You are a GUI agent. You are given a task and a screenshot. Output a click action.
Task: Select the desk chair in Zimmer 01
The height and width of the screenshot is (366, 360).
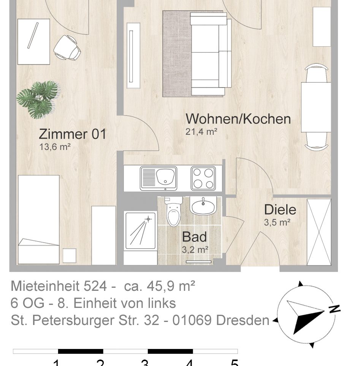pyautogui.click(x=68, y=47)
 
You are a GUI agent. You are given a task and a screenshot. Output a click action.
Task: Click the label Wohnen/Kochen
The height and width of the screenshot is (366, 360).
pyautogui.click(x=238, y=119)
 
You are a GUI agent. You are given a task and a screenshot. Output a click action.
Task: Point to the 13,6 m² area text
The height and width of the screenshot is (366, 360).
pyautogui.click(x=55, y=147)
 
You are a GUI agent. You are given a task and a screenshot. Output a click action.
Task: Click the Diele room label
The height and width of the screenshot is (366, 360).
pyautogui.click(x=280, y=210)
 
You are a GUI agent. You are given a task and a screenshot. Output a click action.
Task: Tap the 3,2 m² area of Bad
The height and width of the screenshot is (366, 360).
pyautogui.click(x=195, y=250)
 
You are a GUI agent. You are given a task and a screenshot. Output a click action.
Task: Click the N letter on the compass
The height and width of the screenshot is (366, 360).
pyautogui.click(x=335, y=309)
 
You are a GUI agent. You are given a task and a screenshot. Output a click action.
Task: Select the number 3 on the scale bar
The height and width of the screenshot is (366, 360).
pyautogui.click(x=144, y=363)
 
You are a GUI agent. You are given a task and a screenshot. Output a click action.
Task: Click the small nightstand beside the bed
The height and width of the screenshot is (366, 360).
pyautogui.click(x=70, y=255)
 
